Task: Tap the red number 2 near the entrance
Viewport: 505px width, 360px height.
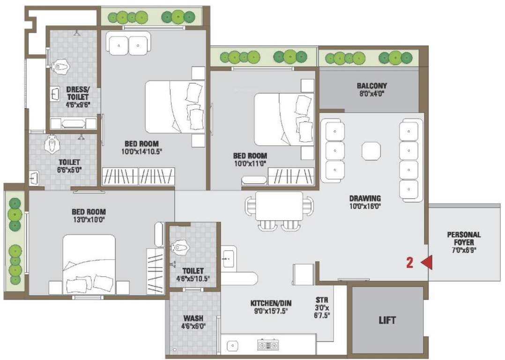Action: [x=409, y=263]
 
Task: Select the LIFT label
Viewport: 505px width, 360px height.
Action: [x=387, y=321]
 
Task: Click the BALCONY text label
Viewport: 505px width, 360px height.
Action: [x=371, y=86]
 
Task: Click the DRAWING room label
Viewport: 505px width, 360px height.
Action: [x=365, y=198]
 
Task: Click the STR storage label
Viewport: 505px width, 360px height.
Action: [x=322, y=300]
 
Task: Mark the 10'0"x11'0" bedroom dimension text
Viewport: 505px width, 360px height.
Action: [x=250, y=164]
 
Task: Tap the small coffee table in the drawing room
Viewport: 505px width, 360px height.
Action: [x=371, y=151]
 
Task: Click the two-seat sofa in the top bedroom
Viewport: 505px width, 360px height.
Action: [x=128, y=44]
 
